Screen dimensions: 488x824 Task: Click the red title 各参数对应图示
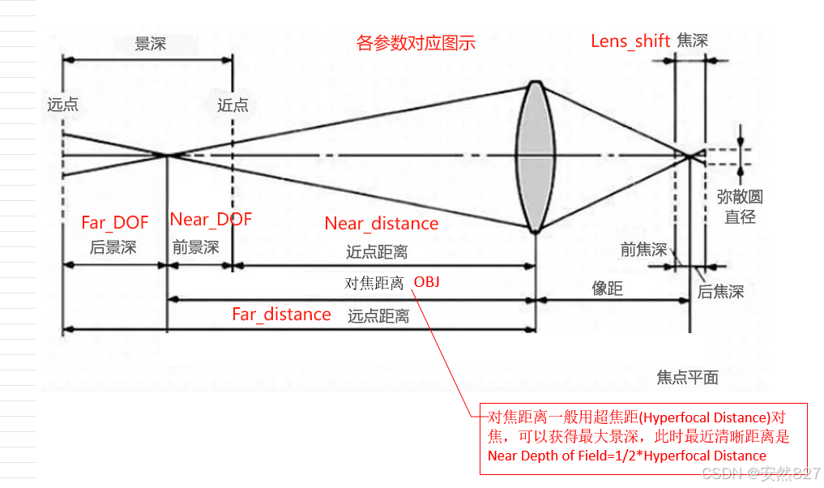click(x=416, y=43)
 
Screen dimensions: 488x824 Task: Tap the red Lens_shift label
click(x=630, y=41)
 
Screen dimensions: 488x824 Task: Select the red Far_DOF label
click(x=115, y=222)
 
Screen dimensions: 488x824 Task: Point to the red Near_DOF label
click(x=211, y=219)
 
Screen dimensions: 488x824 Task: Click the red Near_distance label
click(x=381, y=224)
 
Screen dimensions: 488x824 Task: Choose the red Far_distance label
click(x=281, y=315)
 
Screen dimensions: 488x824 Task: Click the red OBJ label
click(x=429, y=282)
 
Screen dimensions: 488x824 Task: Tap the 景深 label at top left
click(x=150, y=44)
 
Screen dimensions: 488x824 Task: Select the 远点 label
click(x=63, y=105)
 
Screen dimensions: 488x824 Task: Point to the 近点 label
click(x=233, y=105)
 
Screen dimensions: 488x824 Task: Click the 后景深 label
click(x=113, y=247)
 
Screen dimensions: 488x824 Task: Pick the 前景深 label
click(x=195, y=247)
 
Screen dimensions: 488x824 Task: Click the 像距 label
click(x=608, y=288)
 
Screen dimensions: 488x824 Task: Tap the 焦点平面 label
click(x=687, y=378)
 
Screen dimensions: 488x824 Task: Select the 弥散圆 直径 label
click(x=740, y=207)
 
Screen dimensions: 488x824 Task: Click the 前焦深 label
click(x=643, y=250)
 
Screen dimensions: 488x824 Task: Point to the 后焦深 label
click(x=720, y=292)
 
